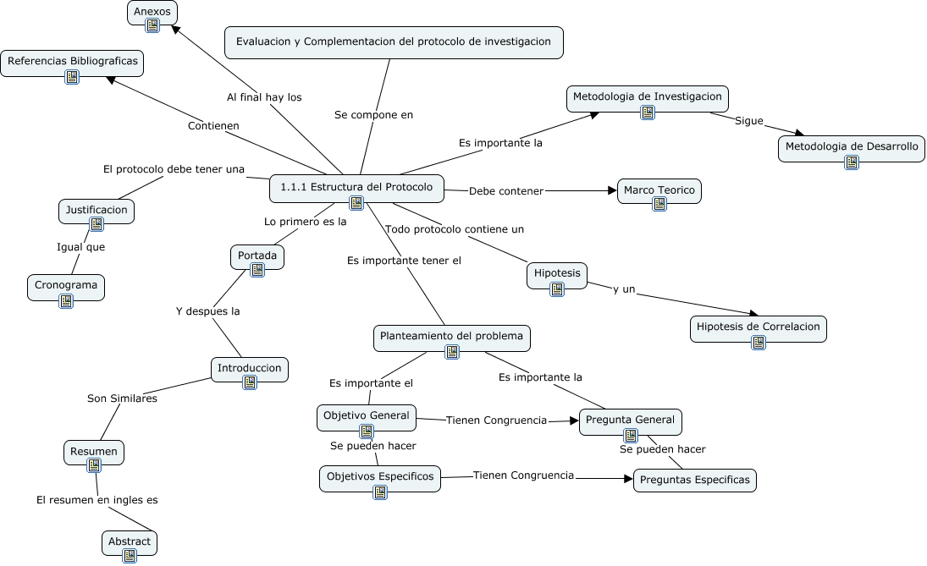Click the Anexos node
152,12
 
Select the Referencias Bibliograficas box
72,62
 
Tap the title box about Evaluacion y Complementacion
394,41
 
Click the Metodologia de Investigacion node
647,96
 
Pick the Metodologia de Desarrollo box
851,146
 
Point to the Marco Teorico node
659,190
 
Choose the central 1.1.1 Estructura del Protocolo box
356,187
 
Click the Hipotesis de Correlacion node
758,327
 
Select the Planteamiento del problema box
452,336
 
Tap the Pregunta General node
630,420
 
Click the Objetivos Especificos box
379,476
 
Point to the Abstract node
130,541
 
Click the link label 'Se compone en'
373,114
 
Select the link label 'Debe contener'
505,191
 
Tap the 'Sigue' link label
748,121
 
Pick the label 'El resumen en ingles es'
97,500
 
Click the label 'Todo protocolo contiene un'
455,229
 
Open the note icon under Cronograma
66,300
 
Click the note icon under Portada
257,270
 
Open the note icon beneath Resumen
94,465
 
